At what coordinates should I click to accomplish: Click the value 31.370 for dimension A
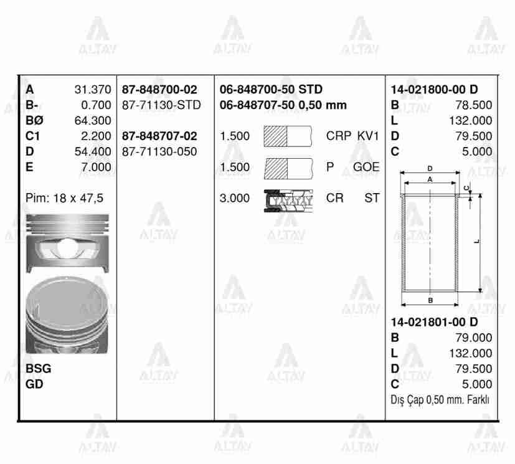click(x=92, y=90)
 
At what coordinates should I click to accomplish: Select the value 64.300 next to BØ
click(x=92, y=120)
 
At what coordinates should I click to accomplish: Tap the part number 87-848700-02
click(x=159, y=90)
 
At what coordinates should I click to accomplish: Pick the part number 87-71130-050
click(x=159, y=151)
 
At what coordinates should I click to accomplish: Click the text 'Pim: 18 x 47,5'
click(x=64, y=198)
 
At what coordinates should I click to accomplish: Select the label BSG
click(x=39, y=369)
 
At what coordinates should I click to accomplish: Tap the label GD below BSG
click(x=34, y=384)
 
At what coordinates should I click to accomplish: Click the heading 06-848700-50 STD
click(x=271, y=90)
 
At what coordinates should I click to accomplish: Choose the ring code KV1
click(x=368, y=136)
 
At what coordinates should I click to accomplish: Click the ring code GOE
click(x=366, y=167)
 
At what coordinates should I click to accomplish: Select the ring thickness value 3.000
click(x=234, y=198)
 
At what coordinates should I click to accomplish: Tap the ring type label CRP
click(x=339, y=136)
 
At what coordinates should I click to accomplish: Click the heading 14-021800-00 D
click(x=434, y=90)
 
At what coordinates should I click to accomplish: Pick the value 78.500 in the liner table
click(x=473, y=105)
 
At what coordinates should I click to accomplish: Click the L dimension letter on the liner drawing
click(x=477, y=242)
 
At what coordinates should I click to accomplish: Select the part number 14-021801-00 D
click(x=434, y=323)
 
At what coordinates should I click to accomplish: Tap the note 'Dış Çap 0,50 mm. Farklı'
click(x=440, y=400)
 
